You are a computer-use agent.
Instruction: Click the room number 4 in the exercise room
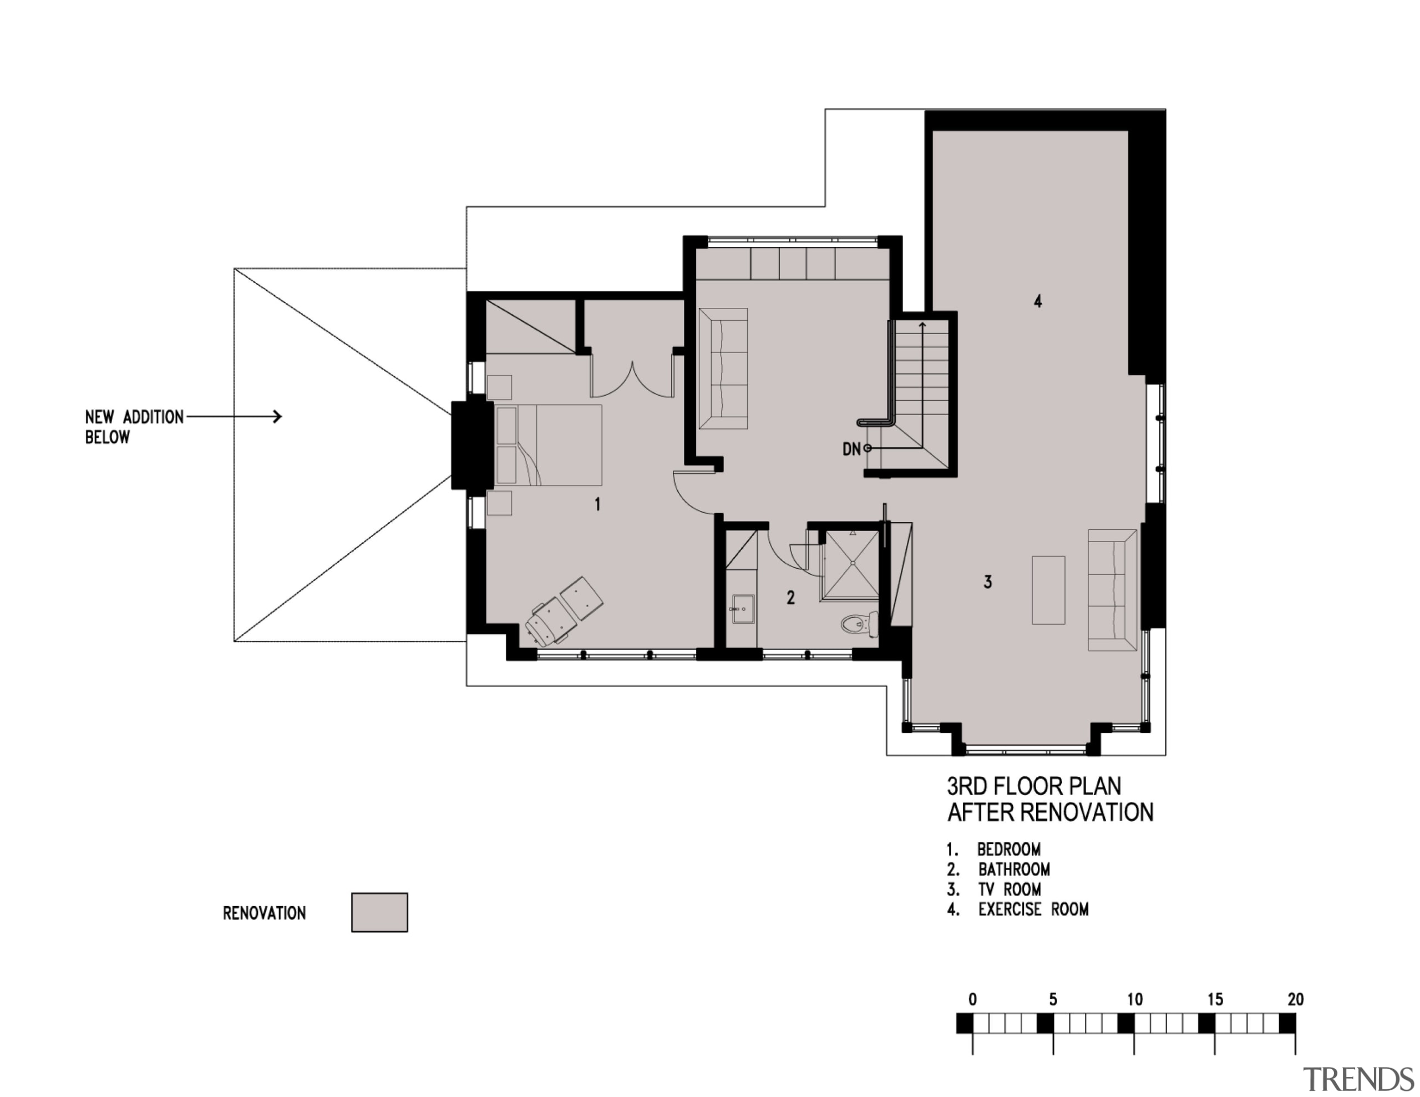pos(1038,301)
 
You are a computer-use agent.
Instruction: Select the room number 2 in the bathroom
pos(790,598)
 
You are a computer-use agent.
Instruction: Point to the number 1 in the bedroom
pos(597,504)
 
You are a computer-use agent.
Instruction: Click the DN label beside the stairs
pos(851,449)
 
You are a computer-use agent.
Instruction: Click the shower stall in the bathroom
pos(850,565)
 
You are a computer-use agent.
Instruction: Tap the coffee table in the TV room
pos(1048,590)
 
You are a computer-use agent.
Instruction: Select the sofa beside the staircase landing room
pos(723,368)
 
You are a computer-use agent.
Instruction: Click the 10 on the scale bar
pos(1134,999)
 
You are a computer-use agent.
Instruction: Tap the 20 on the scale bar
pos(1295,999)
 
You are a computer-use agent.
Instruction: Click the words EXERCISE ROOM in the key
pos(1033,909)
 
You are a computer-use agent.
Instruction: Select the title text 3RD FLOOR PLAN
pos(1034,786)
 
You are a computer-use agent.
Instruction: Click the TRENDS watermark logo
pos(1359,1079)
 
